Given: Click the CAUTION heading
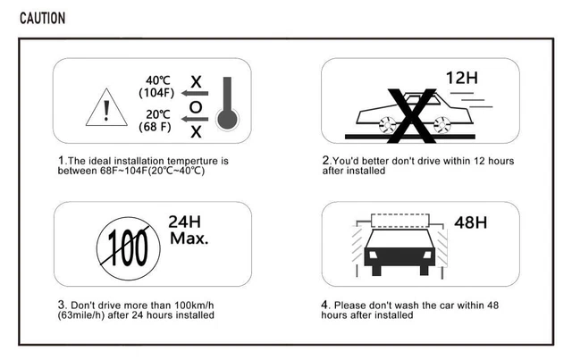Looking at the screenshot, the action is [x=42, y=18].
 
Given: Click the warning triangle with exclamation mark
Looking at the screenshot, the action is [x=106, y=107].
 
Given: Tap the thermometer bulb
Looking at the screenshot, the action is [x=227, y=119].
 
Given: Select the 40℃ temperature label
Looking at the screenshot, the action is [x=158, y=80].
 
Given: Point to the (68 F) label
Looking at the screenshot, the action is [x=155, y=127].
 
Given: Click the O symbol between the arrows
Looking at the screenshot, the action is [x=196, y=107].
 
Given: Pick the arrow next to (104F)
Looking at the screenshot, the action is [x=195, y=94].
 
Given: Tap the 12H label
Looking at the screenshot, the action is [x=462, y=78].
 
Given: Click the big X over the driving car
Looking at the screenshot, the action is [x=411, y=115].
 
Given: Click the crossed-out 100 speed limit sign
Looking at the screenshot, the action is [x=129, y=248].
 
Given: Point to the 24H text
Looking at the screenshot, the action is [x=185, y=222].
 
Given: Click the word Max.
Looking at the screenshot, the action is [x=189, y=239].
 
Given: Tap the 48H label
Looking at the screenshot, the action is [x=471, y=222].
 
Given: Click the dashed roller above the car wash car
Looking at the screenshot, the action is [x=400, y=221].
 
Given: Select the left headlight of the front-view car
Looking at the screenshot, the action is [x=373, y=255].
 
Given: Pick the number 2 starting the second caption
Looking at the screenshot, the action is [x=325, y=160].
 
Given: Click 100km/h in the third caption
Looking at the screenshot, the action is [x=194, y=305].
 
